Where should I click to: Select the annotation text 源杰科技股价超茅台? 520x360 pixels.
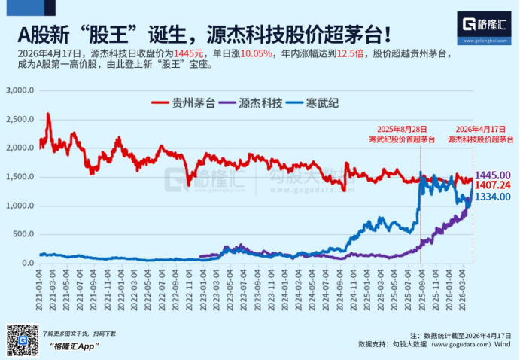click(481, 139)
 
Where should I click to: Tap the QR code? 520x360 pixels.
click(22, 340)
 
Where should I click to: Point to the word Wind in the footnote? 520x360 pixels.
click(503, 344)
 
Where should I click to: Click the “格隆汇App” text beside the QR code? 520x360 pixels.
click(74, 346)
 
